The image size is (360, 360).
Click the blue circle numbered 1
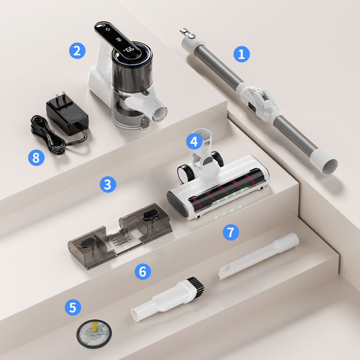pyautogui.click(x=241, y=54)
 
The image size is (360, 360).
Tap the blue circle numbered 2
pyautogui.click(x=77, y=50)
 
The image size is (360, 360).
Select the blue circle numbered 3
pyautogui.click(x=108, y=184)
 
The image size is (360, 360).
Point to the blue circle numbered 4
pyautogui.click(x=194, y=142)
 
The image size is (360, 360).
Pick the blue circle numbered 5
pyautogui.click(x=73, y=308)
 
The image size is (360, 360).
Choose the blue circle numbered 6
pyautogui.click(x=142, y=271)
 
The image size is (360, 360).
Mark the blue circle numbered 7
pyautogui.click(x=231, y=232)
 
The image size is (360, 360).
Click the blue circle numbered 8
pyautogui.click(x=36, y=157)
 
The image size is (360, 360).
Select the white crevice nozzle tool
pyautogui.click(x=259, y=256)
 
